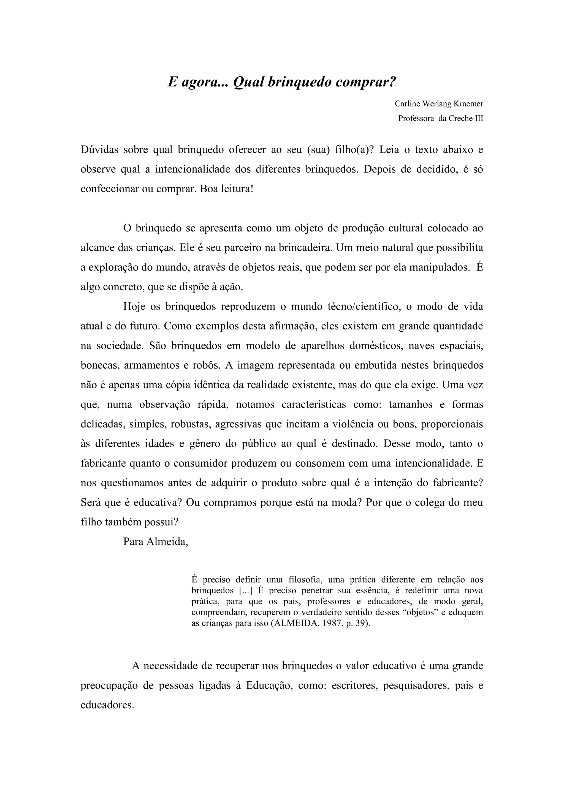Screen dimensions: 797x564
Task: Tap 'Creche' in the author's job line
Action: pyautogui.click(x=460, y=118)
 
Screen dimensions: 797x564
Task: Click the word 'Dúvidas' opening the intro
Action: pyautogui.click(x=99, y=150)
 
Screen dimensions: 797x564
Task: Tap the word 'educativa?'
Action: pyautogui.click(x=158, y=503)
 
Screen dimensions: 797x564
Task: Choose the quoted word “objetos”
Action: pyautogui.click(x=420, y=612)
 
